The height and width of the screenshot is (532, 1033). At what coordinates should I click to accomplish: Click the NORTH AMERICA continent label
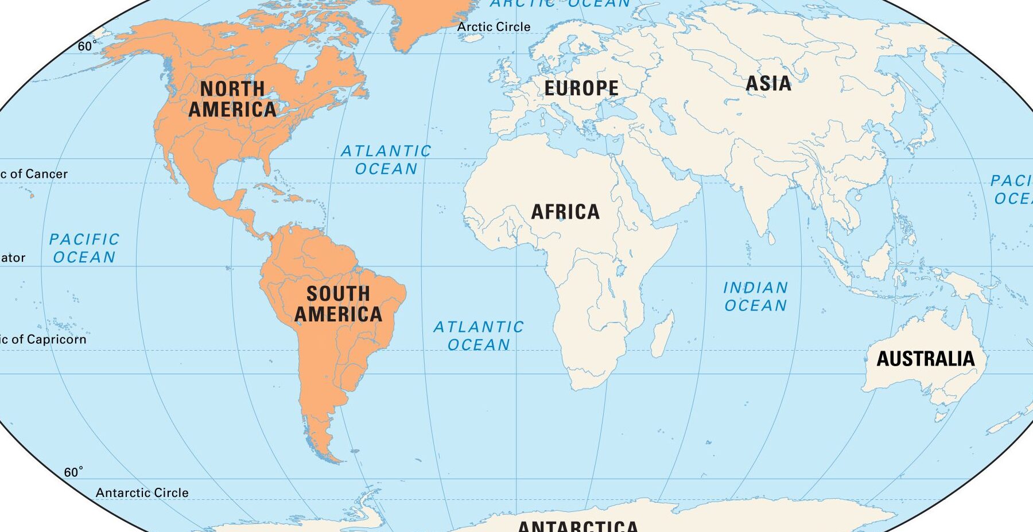(232, 99)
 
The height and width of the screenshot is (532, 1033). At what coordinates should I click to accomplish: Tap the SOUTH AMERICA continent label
(338, 304)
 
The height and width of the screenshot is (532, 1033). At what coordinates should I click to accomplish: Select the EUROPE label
(581, 88)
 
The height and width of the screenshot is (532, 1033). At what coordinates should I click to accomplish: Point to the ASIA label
(768, 84)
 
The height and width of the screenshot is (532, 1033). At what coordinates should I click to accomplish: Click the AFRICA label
(565, 212)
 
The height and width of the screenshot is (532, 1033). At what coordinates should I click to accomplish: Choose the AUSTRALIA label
(925, 359)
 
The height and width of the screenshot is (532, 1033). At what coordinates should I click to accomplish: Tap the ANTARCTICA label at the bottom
(578, 525)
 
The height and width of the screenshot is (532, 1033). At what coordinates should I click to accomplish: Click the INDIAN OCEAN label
(755, 297)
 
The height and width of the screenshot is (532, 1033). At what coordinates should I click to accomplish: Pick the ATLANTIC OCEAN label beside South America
(478, 336)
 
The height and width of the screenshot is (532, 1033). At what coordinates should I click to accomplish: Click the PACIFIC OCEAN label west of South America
(84, 248)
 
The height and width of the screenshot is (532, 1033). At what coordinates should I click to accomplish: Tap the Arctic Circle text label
(494, 26)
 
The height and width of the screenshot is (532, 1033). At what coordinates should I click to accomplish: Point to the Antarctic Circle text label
(142, 492)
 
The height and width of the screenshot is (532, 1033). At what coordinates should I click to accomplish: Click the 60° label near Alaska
(87, 46)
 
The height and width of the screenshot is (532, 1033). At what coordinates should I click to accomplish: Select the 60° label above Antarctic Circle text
(73, 472)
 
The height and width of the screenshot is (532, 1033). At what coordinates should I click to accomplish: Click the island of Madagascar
(663, 333)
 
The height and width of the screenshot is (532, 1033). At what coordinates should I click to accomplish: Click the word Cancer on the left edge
(46, 174)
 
